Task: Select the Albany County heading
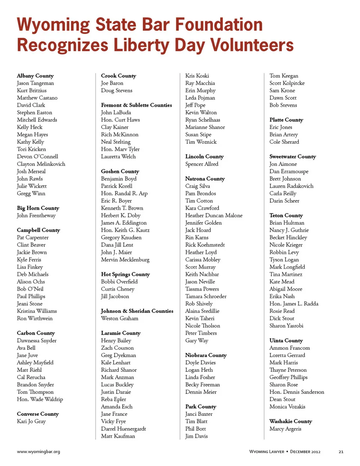pyautogui.click(x=35, y=76)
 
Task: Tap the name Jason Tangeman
pyautogui.click(x=35, y=83)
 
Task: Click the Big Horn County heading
pyautogui.click(x=38, y=208)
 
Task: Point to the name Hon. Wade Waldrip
pyautogui.click(x=40, y=399)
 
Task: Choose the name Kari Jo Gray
pyautogui.click(x=31, y=421)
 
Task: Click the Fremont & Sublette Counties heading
pyautogui.click(x=136, y=105)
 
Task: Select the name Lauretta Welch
pyautogui.click(x=118, y=156)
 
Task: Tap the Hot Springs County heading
pyautogui.click(x=125, y=274)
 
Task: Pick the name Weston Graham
pyautogui.click(x=120, y=318)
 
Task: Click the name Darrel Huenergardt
pyautogui.click(x=123, y=428)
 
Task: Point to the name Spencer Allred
pyautogui.click(x=201, y=164)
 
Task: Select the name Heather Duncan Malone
pyautogui.click(x=214, y=215)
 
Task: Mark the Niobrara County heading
pyautogui.click(x=206, y=355)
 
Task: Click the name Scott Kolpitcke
pyautogui.click(x=287, y=83)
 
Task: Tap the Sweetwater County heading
pyautogui.click(x=292, y=156)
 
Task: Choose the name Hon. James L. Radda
pyautogui.click(x=294, y=304)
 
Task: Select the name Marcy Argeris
pyautogui.click(x=285, y=428)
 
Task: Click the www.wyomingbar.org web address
pyautogui.click(x=38, y=451)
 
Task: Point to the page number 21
pyautogui.click(x=341, y=452)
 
